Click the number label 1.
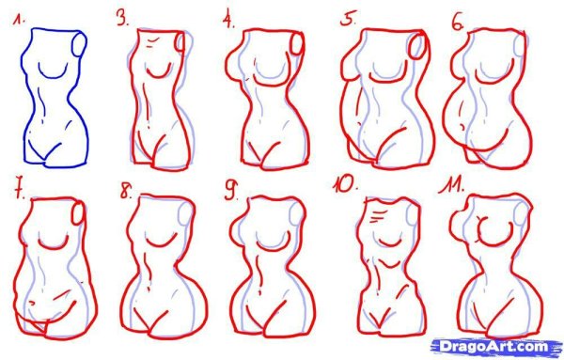[x=19, y=20]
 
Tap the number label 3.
[x=122, y=18]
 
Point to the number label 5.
[x=348, y=19]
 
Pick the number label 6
[x=458, y=23]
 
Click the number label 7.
[x=20, y=191]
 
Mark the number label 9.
[x=231, y=190]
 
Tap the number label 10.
[x=345, y=184]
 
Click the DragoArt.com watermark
[x=495, y=347]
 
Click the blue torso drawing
[x=55, y=98]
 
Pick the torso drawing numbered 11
[x=495, y=267]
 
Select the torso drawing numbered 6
[x=487, y=99]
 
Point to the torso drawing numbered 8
[x=164, y=267]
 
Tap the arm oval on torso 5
[x=418, y=46]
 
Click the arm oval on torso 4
[x=297, y=43]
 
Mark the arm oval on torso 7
[x=78, y=213]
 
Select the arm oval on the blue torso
[x=80, y=43]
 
